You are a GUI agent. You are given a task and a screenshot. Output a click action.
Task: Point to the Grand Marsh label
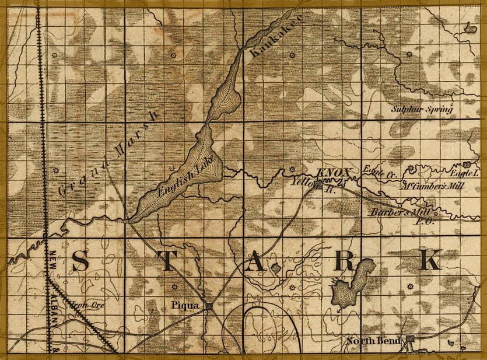[108, 153]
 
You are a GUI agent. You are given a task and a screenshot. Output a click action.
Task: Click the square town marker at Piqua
[208, 305]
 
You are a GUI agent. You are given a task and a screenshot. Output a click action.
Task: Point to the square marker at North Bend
[410, 338]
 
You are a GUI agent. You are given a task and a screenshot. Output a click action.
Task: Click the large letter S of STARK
[80, 262]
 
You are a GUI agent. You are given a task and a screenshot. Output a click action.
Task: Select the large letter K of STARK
[430, 260]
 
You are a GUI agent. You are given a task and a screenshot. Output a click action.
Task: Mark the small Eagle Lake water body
[471, 165]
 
